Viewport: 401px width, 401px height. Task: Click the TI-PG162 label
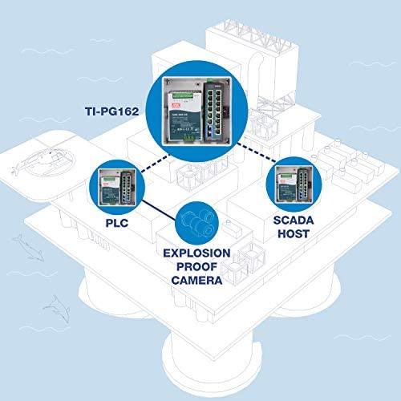tap(112, 111)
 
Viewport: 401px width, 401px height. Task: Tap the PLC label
tap(117, 223)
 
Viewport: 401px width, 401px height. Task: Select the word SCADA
tap(294, 221)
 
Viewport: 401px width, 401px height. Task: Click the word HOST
tap(294, 234)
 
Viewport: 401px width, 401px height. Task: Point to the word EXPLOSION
tap(196, 253)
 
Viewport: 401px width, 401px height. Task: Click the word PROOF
tap(196, 267)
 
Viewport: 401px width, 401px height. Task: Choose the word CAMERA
tap(196, 281)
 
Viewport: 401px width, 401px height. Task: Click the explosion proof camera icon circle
tap(196, 223)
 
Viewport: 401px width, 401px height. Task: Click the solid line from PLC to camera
tap(159, 211)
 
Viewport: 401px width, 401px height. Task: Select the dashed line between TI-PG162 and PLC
tap(156, 163)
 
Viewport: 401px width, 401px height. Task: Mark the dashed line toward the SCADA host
tap(257, 152)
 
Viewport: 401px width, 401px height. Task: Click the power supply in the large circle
tap(184, 115)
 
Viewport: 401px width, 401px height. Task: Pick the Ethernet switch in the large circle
tap(216, 110)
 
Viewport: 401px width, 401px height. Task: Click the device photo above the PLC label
tap(117, 188)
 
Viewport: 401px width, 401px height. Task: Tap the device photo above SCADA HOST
tap(294, 184)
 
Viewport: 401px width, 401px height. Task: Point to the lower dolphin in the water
tap(57, 310)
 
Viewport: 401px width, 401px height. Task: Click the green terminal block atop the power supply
tap(185, 95)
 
